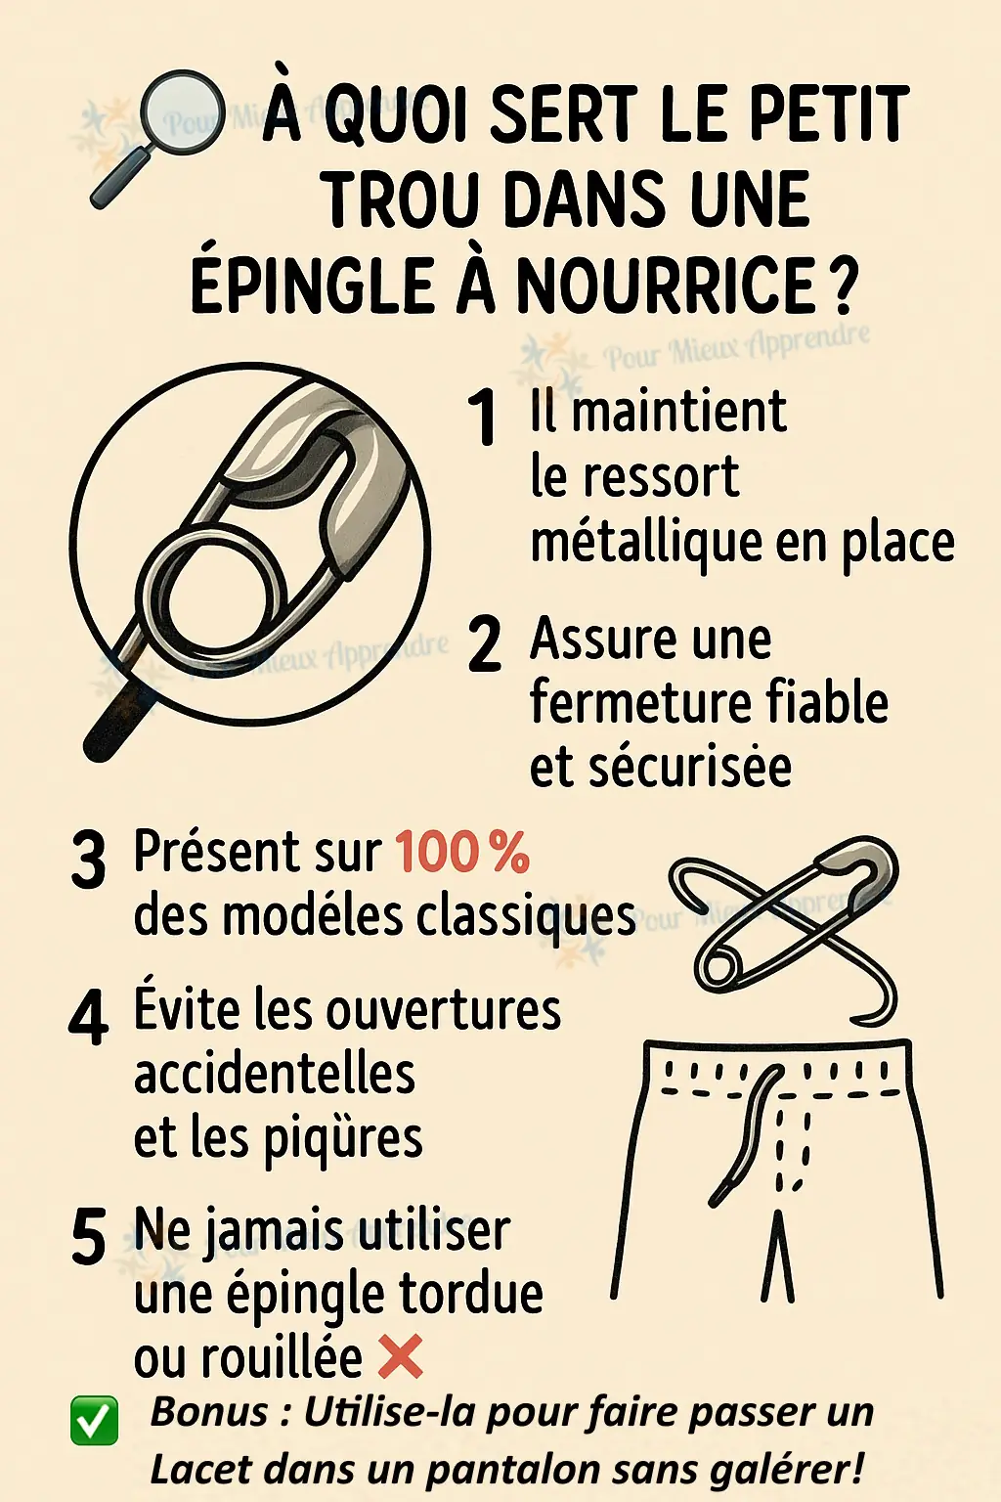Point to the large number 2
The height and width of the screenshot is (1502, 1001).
(484, 645)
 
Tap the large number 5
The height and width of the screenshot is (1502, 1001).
(89, 1239)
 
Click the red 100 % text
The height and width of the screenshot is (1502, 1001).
(462, 852)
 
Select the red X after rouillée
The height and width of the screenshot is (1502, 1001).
(400, 1355)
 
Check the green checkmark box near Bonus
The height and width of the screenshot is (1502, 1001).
(95, 1421)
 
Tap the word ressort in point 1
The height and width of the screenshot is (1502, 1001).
(661, 477)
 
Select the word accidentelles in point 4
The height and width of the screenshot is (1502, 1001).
(275, 1074)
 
